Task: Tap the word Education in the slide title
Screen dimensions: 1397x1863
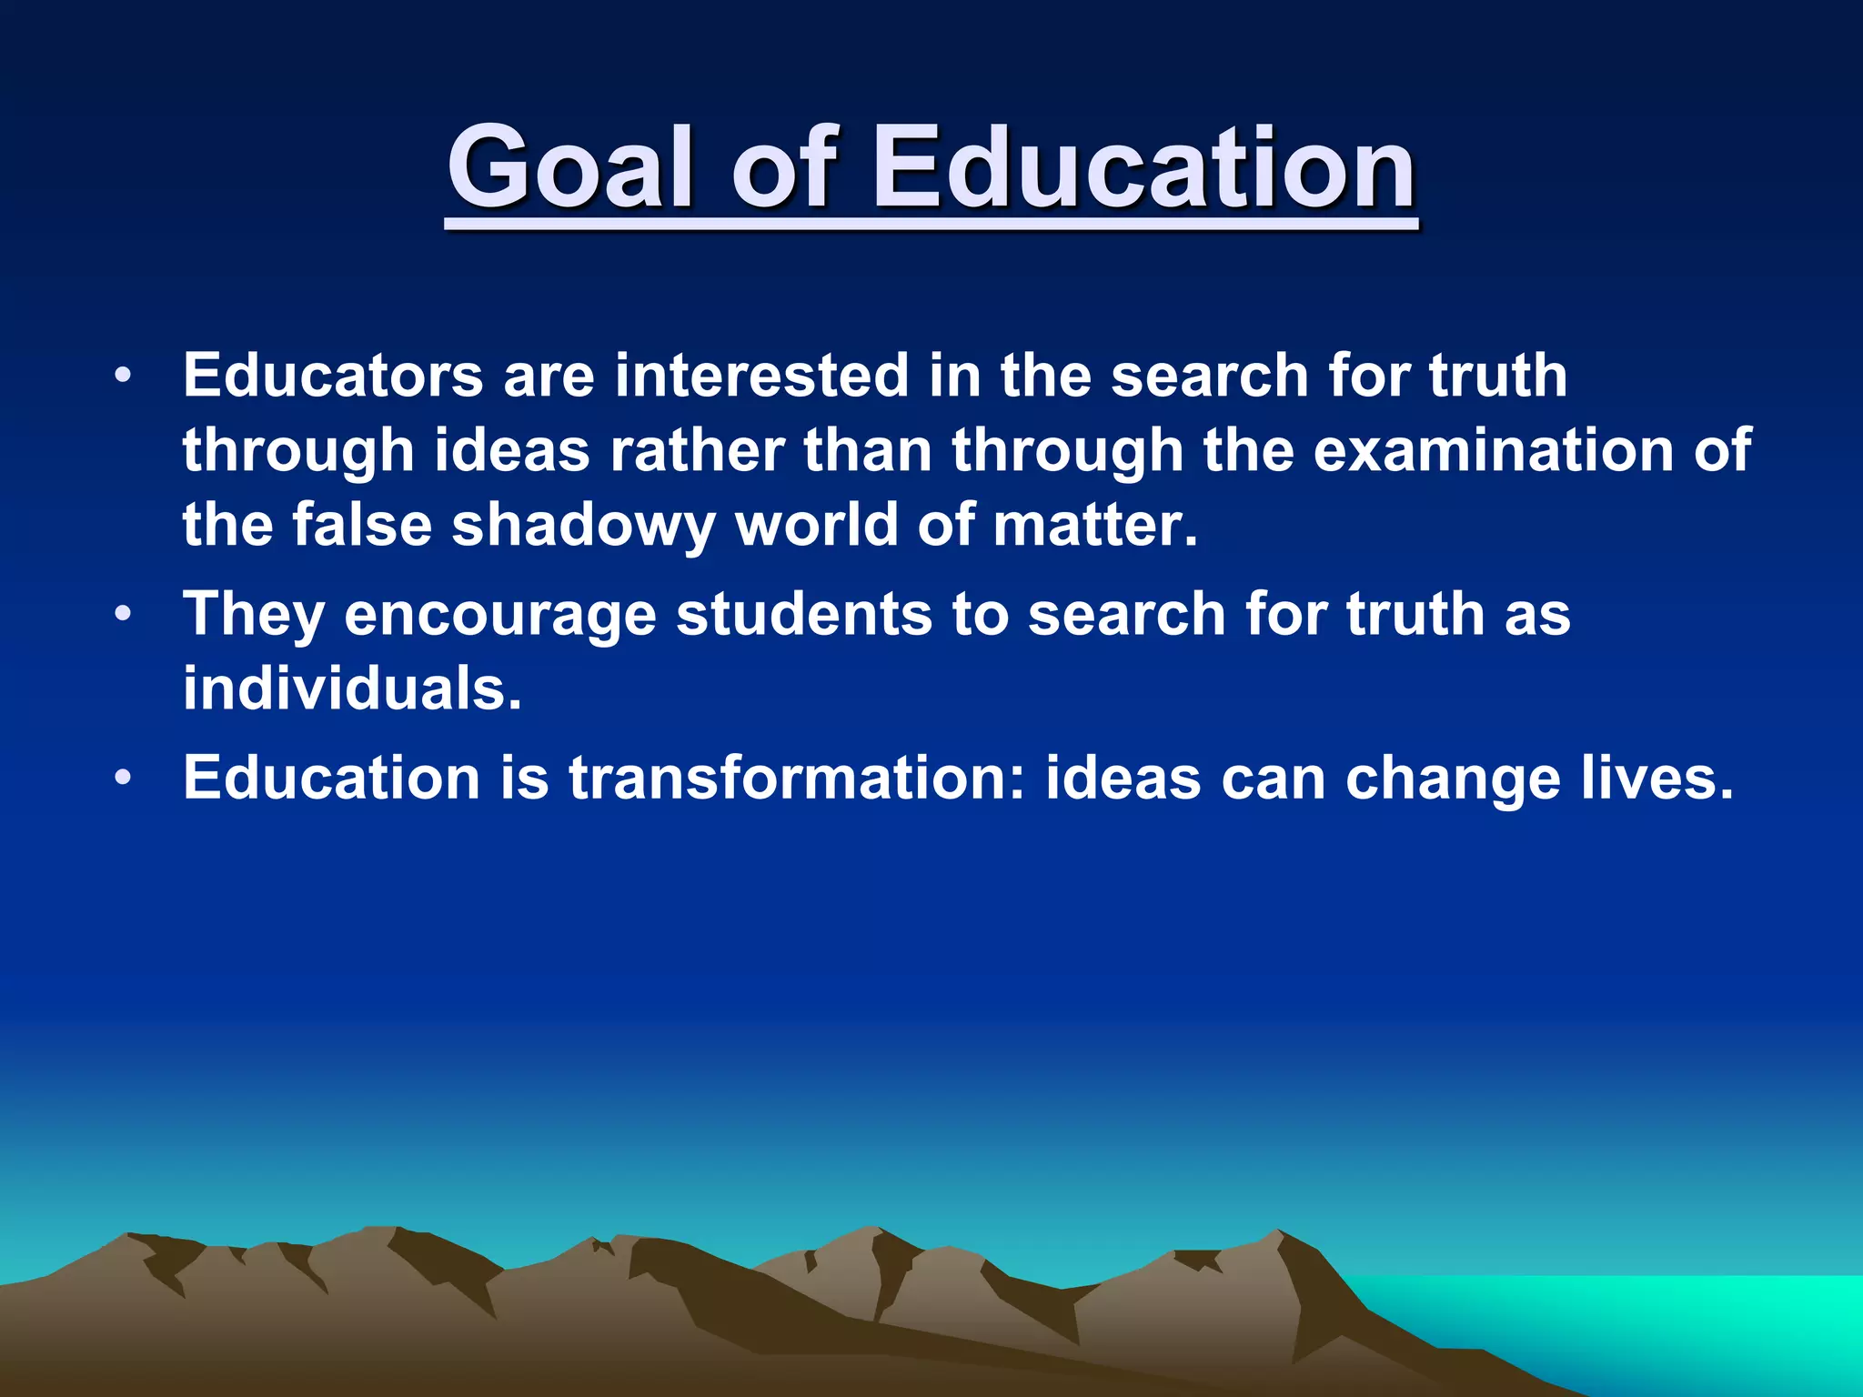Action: point(1144,168)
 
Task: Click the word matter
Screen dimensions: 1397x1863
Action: point(1094,525)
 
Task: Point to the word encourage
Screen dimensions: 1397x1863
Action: point(500,615)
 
